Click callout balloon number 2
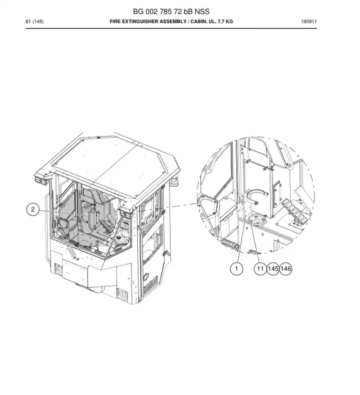point(33,210)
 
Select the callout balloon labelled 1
point(236,269)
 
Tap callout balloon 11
point(260,269)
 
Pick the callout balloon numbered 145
point(273,269)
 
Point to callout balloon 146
point(286,269)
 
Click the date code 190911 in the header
point(309,21)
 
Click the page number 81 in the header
point(28,21)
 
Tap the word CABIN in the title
point(198,21)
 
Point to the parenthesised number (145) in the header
point(38,21)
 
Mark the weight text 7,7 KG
point(225,21)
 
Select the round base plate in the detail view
point(257,219)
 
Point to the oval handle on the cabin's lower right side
point(146,277)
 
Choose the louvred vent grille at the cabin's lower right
point(151,284)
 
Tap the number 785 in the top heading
point(166,12)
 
